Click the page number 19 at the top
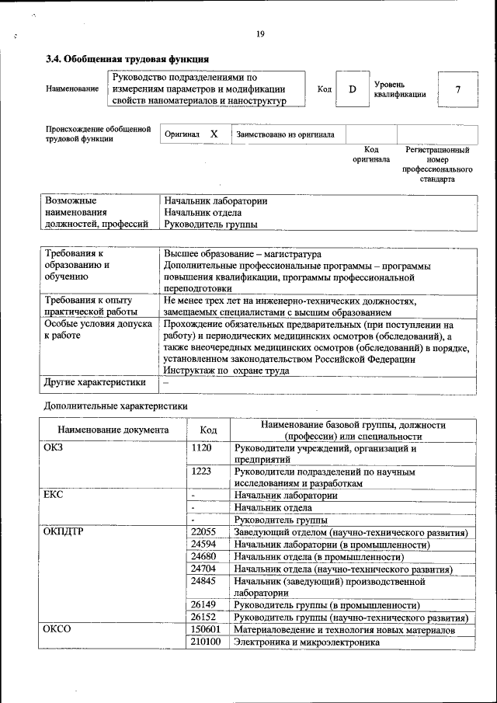[260, 33]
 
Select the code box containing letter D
[352, 89]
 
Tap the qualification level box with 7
[458, 89]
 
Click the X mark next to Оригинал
[214, 134]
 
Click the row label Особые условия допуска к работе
[98, 330]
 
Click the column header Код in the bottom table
[208, 430]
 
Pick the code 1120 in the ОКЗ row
[201, 448]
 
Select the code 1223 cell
[201, 472]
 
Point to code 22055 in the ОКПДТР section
[203, 532]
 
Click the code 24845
[203, 580]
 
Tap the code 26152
[203, 617]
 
